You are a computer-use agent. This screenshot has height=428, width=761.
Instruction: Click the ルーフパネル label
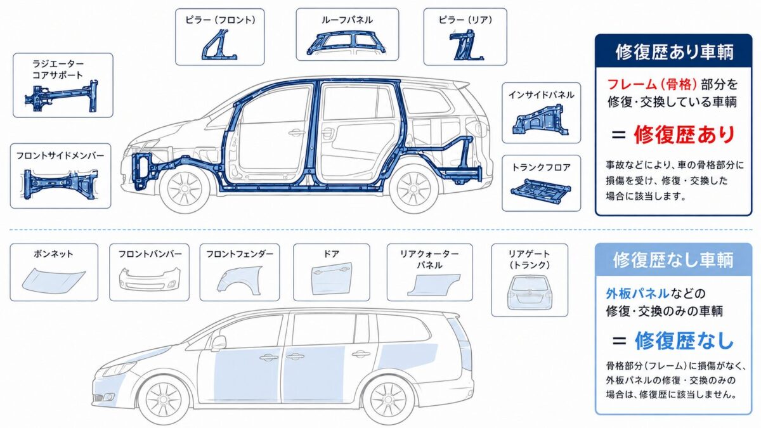347,20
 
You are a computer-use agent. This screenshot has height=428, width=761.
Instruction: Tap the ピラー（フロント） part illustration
219,44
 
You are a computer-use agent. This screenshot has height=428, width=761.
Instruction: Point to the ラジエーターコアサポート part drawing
62,96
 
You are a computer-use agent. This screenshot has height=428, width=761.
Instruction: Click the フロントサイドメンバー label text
60,156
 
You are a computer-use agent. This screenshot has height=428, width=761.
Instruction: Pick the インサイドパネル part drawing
540,120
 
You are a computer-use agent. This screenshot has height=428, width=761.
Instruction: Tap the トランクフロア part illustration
541,191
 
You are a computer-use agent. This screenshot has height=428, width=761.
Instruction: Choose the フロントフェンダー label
240,254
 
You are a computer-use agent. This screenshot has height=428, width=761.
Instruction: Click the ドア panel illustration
331,280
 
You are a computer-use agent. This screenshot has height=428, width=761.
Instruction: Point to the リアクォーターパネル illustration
434,285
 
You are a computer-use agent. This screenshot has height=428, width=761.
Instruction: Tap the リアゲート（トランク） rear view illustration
530,292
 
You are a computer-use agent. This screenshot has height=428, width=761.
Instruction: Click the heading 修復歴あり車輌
674,52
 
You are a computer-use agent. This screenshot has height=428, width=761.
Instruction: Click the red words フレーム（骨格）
652,84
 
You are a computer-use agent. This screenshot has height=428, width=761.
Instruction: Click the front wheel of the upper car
184,187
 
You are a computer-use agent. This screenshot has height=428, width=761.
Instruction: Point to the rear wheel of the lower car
389,398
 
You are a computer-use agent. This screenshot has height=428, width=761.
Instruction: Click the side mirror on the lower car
219,343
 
